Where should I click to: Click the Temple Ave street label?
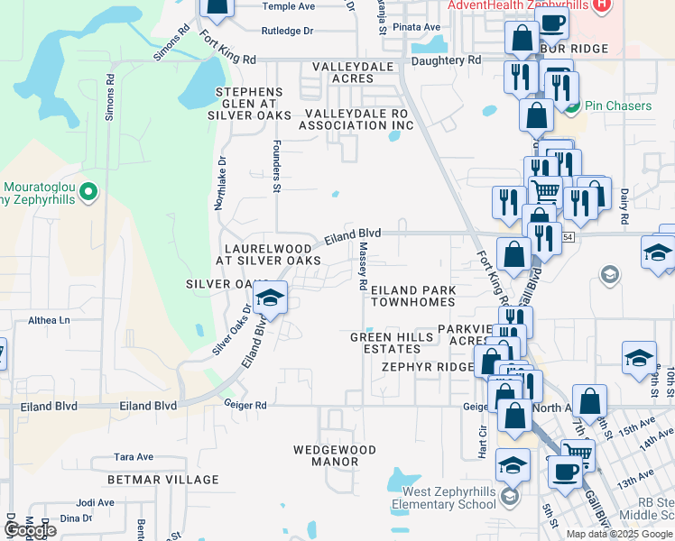tap(288, 6)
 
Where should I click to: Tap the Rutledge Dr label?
tap(287, 31)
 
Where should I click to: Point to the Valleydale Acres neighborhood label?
tap(356, 73)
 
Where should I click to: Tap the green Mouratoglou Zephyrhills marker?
tap(88, 191)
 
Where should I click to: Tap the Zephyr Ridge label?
tap(427, 367)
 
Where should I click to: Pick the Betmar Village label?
tap(163, 480)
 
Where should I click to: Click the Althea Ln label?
tap(49, 320)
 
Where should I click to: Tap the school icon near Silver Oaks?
tap(269, 299)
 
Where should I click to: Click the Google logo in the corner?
tap(30, 530)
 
